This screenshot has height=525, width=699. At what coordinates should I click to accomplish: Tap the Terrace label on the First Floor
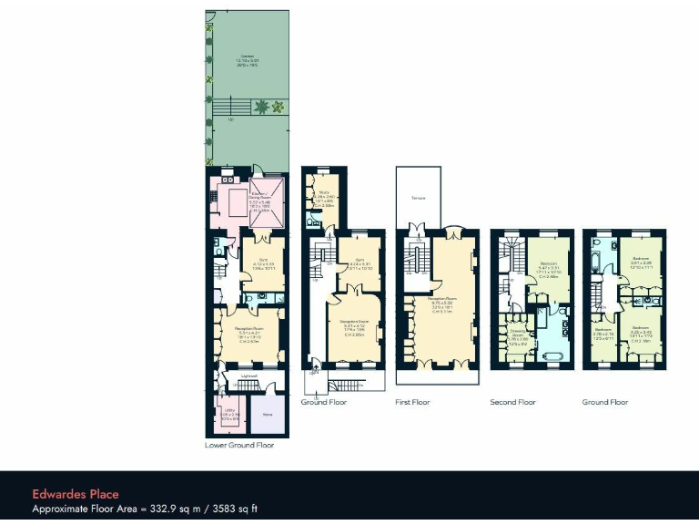(x=419, y=197)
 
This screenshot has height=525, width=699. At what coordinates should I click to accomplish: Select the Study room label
(x=324, y=192)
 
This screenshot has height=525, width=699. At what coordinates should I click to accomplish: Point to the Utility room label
(x=230, y=411)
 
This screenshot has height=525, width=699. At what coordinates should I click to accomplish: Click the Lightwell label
(x=248, y=376)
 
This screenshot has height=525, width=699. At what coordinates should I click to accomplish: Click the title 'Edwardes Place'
(x=76, y=494)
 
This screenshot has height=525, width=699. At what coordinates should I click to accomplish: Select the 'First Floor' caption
(x=412, y=402)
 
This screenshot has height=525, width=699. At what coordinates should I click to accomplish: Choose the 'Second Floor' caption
(x=512, y=402)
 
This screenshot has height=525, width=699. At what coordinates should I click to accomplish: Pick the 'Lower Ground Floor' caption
(x=239, y=446)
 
